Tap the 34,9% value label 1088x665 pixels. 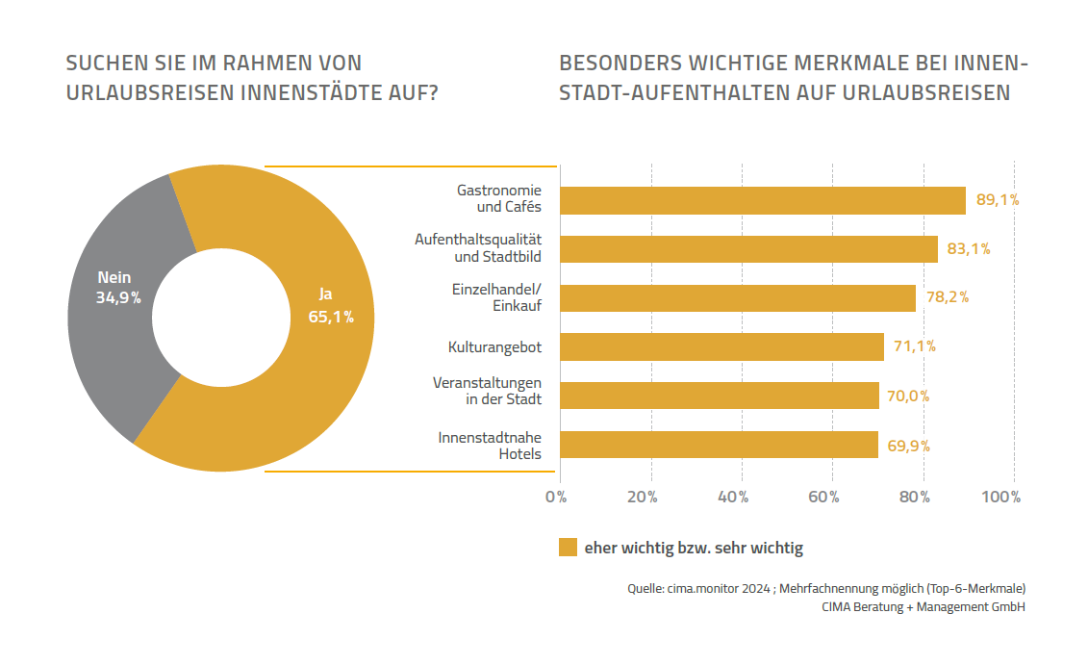click(x=118, y=298)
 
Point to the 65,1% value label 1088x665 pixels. click(x=331, y=317)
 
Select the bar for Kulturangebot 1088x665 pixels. click(x=721, y=346)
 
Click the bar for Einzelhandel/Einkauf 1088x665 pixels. click(x=737, y=297)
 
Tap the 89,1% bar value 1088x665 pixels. click(x=998, y=200)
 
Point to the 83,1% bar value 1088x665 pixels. click(x=969, y=249)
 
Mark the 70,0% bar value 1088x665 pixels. click(x=909, y=396)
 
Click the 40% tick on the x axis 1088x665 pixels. click(x=733, y=498)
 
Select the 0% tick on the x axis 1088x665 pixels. click(x=556, y=498)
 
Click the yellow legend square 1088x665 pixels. click(x=568, y=548)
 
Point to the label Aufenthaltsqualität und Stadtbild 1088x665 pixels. click(x=479, y=247)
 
